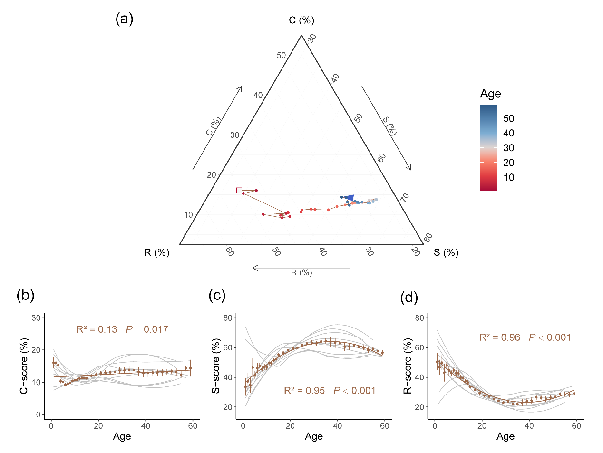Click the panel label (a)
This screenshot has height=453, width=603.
point(124,19)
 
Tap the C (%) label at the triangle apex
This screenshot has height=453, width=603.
point(301,20)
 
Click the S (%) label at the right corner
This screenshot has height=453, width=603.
point(446,252)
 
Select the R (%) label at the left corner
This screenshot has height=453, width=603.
point(157,252)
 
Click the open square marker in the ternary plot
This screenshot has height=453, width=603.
point(239,191)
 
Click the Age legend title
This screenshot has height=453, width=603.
point(490,94)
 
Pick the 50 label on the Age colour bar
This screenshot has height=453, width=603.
point(508,118)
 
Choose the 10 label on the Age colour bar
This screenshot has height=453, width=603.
point(508,177)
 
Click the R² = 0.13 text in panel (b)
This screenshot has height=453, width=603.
point(97,329)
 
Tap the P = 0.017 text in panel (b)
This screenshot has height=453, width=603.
point(147,329)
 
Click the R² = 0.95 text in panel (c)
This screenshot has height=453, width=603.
point(304,391)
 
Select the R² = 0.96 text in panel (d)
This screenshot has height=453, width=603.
point(500,337)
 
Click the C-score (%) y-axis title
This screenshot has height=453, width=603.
point(24,366)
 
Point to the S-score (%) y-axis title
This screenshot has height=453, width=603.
point(216,366)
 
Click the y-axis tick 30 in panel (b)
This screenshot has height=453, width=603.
point(36,318)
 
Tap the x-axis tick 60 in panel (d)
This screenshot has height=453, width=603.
point(576,426)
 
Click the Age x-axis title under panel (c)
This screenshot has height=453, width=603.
point(314,436)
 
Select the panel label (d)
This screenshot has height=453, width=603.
point(409,298)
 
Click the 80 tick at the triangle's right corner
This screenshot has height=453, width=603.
point(428,237)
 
